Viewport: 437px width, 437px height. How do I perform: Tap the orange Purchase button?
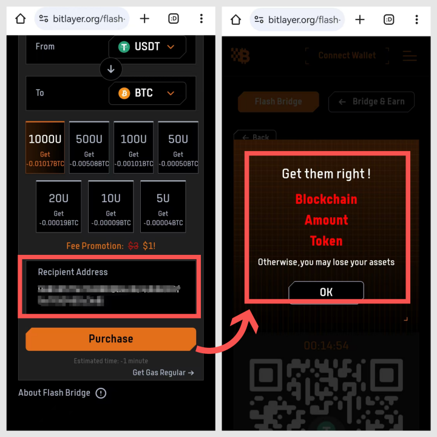click(x=110, y=339)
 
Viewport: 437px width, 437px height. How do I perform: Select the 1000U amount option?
click(x=46, y=147)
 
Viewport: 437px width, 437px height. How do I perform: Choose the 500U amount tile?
click(x=89, y=147)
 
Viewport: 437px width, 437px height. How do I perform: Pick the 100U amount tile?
click(x=134, y=147)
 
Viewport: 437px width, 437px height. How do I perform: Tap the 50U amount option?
click(x=178, y=147)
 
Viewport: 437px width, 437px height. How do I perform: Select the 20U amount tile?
click(x=58, y=206)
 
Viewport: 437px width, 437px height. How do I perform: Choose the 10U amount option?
click(x=110, y=206)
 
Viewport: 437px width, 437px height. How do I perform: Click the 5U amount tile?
click(x=163, y=206)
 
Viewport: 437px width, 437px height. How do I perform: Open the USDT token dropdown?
click(x=147, y=47)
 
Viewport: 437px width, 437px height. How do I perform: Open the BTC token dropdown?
click(x=147, y=93)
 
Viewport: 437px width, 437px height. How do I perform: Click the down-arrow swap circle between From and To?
click(x=110, y=70)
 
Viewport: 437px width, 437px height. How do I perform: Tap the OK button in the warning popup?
click(x=326, y=292)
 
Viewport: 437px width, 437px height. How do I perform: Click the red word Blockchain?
click(x=326, y=199)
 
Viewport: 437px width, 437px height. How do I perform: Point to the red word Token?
click(x=326, y=241)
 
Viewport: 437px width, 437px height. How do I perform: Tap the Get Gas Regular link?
click(x=163, y=372)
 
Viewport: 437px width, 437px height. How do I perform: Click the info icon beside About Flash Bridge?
click(x=101, y=393)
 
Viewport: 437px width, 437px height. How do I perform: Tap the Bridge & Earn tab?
click(x=371, y=101)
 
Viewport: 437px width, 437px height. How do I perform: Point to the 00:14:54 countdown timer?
click(x=326, y=345)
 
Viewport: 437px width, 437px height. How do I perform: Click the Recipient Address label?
click(x=73, y=272)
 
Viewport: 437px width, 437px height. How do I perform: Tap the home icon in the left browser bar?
click(x=20, y=19)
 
